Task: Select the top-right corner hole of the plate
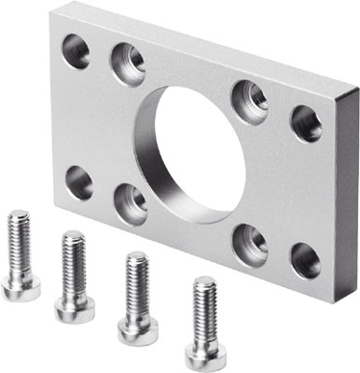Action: pyautogui.click(x=306, y=123)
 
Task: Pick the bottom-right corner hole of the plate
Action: pyautogui.click(x=305, y=260)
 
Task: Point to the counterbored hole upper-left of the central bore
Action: pyautogui.click(x=128, y=64)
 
